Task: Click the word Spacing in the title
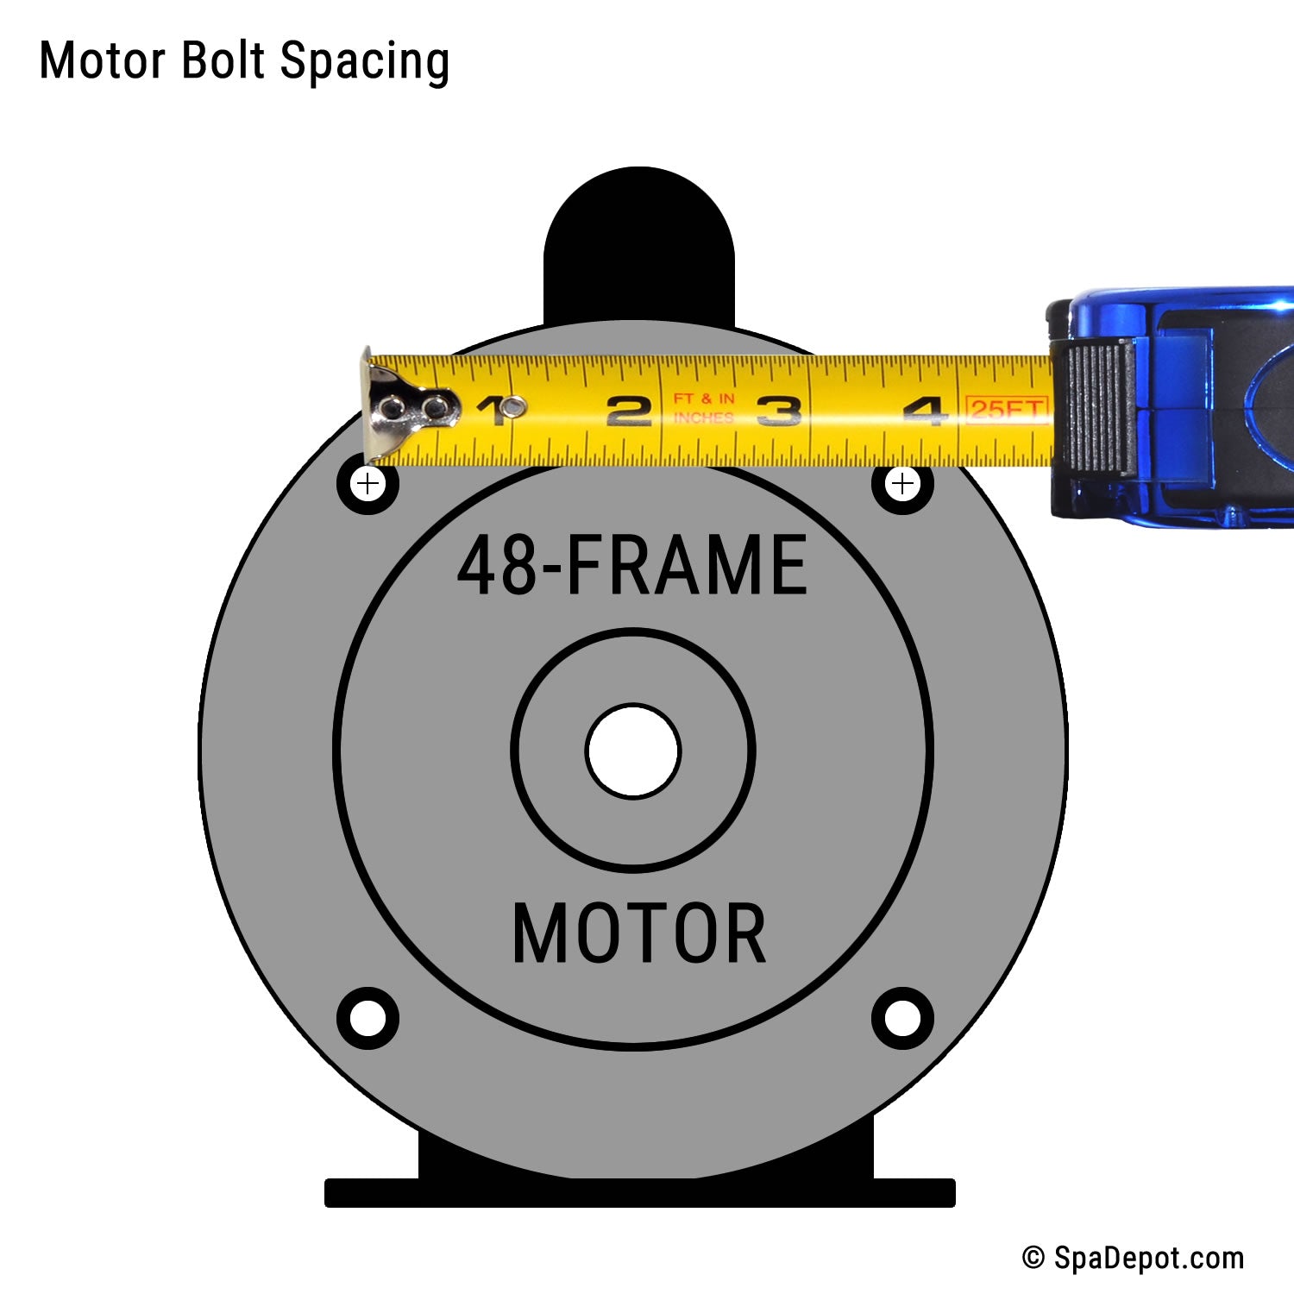(x=364, y=62)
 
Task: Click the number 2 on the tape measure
(x=628, y=411)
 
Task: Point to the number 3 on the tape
(x=778, y=411)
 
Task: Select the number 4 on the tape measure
(x=925, y=411)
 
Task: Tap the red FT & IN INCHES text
(x=703, y=408)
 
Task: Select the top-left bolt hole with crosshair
(x=368, y=483)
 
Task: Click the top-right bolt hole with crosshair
(x=902, y=483)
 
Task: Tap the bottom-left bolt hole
(x=368, y=1018)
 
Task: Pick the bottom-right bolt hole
(x=902, y=1018)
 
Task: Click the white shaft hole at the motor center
(x=633, y=751)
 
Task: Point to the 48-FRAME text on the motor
(x=632, y=565)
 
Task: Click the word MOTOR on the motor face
(x=638, y=933)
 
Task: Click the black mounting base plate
(x=639, y=1192)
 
